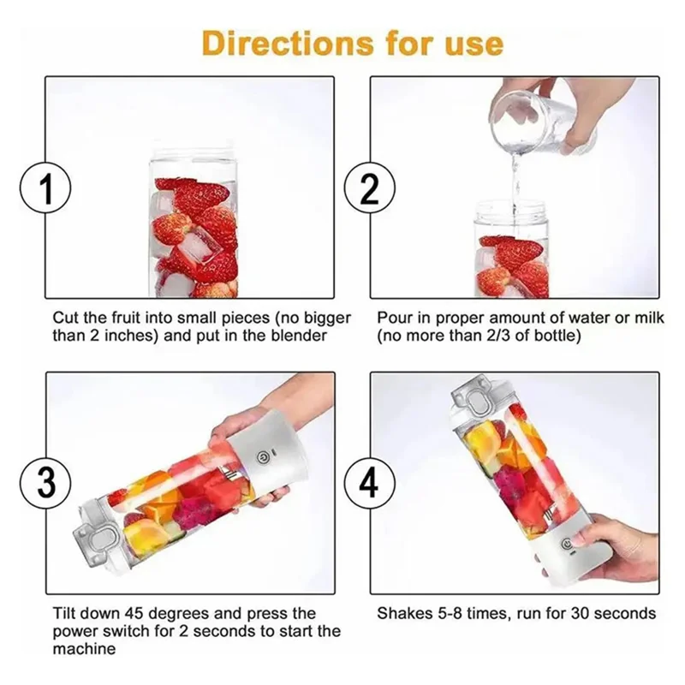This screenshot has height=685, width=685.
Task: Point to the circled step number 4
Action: [x=368, y=484]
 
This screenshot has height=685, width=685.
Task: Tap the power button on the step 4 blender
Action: [x=566, y=543]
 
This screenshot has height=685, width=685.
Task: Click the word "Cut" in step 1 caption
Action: [x=65, y=318]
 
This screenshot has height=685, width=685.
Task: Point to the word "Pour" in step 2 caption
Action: [x=393, y=318]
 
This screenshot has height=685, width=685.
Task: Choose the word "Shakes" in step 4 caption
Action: [x=403, y=614]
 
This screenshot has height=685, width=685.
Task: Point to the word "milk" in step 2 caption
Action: [x=649, y=318]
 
